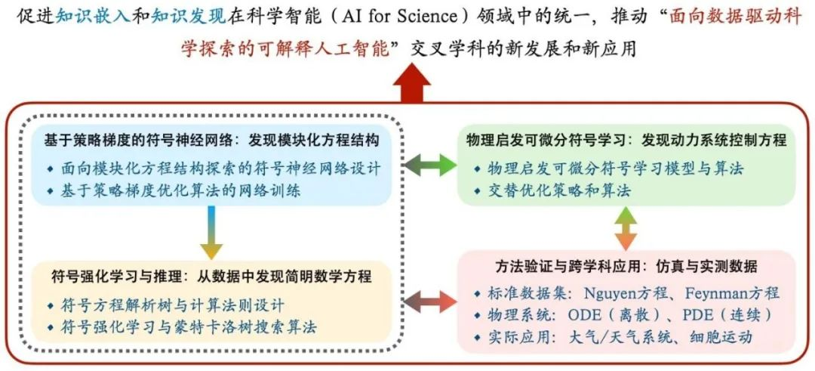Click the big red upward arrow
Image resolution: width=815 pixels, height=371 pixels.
412,83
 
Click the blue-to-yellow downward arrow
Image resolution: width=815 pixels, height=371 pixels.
211,232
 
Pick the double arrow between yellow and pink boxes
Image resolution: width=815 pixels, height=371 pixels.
429,301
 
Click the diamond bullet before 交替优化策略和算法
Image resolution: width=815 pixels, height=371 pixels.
477,191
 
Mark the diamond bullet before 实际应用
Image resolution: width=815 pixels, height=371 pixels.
477,338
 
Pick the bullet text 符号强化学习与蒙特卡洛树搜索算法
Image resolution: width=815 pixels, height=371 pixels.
189,327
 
